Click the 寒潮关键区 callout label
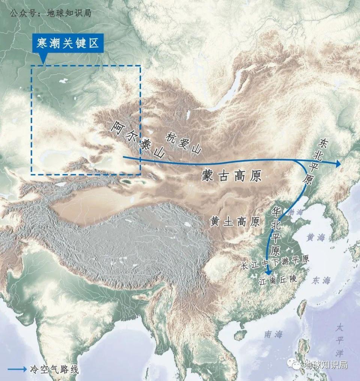coord(67,44)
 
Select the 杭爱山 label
coord(183,143)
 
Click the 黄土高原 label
coord(235,222)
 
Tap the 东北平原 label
coord(315,161)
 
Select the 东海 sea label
coord(322,280)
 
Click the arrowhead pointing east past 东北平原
coord(338,163)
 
